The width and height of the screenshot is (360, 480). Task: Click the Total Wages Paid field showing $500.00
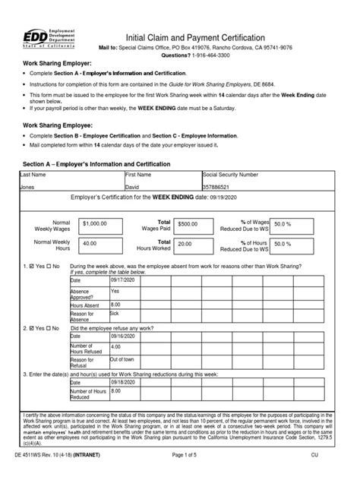pos(194,224)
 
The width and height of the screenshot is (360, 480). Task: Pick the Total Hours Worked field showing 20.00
pos(194,244)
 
